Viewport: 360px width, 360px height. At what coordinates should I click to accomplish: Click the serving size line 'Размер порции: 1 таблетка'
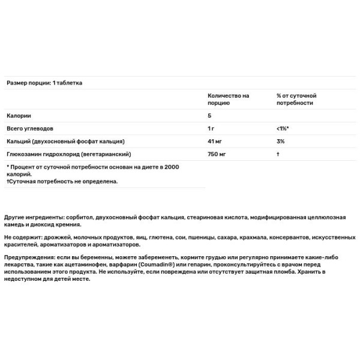pos(44,83)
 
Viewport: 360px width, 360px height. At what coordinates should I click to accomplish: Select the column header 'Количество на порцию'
pos(229,99)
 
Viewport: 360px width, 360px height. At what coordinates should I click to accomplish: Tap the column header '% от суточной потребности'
pos(296,99)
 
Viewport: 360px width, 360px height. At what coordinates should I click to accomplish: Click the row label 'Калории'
pos(19,115)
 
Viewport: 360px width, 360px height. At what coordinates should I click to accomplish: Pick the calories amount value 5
pos(209,115)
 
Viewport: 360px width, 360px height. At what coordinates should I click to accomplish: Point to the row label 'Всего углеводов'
pos(31,128)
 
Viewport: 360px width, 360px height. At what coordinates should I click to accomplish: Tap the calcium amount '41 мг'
pos(215,141)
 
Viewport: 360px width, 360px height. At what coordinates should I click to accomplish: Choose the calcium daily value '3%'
pos(280,141)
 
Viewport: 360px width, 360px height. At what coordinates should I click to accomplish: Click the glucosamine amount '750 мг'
pos(217,154)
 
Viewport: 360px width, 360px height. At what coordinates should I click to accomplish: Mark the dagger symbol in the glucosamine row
pos(278,154)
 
